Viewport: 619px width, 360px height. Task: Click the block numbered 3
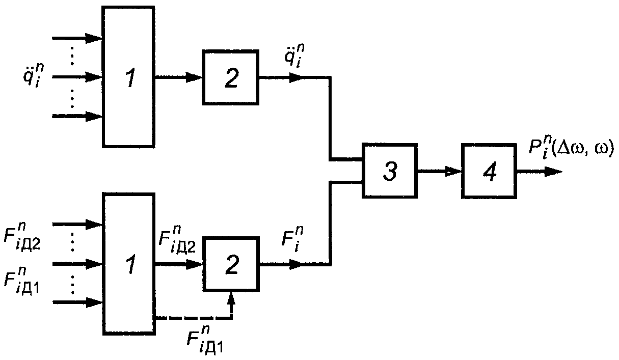tap(389, 171)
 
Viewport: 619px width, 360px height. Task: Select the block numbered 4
tap(489, 171)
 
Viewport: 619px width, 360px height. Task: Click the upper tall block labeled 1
tap(128, 77)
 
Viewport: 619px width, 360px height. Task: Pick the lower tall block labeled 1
tap(129, 264)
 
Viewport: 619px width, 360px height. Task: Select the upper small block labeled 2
tap(230, 77)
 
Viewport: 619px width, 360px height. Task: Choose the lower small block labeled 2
tap(231, 264)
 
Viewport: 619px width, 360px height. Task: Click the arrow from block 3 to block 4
tap(439, 172)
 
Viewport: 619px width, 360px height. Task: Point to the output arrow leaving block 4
tap(540, 172)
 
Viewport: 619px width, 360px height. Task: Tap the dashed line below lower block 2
tap(194, 319)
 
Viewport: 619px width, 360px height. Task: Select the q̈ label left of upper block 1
tap(34, 75)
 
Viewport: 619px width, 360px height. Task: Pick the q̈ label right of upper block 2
tap(294, 56)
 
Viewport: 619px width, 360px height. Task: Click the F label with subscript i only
tap(292, 239)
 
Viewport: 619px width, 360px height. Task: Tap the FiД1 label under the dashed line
tap(205, 339)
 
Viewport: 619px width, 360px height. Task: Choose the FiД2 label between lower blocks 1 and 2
tap(177, 239)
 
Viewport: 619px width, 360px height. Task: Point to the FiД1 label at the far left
tap(21, 281)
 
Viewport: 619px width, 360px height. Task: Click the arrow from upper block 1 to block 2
tap(178, 77)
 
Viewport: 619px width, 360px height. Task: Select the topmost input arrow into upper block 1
tap(77, 38)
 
